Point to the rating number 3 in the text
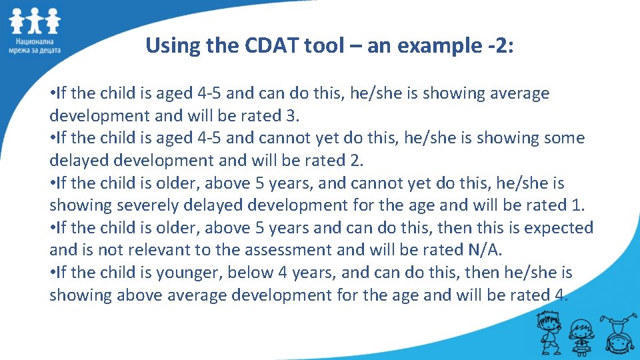click(291, 115)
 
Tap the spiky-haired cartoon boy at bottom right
click(544, 333)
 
